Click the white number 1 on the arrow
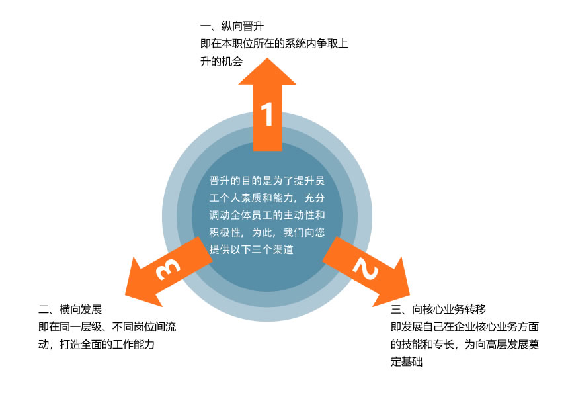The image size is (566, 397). [267, 114]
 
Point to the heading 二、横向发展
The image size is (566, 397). [70, 310]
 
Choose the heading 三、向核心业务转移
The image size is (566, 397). [438, 309]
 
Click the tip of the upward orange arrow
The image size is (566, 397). [267, 58]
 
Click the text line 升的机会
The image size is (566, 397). [222, 62]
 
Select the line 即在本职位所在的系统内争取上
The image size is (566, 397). [274, 45]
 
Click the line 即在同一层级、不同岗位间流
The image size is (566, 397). [107, 327]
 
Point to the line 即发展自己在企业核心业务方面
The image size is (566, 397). [465, 327]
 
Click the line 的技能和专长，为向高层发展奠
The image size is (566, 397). [465, 344]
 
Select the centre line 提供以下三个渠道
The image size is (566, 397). [251, 249]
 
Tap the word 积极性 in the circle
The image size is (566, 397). [226, 232]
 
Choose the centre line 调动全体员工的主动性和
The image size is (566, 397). [267, 215]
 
